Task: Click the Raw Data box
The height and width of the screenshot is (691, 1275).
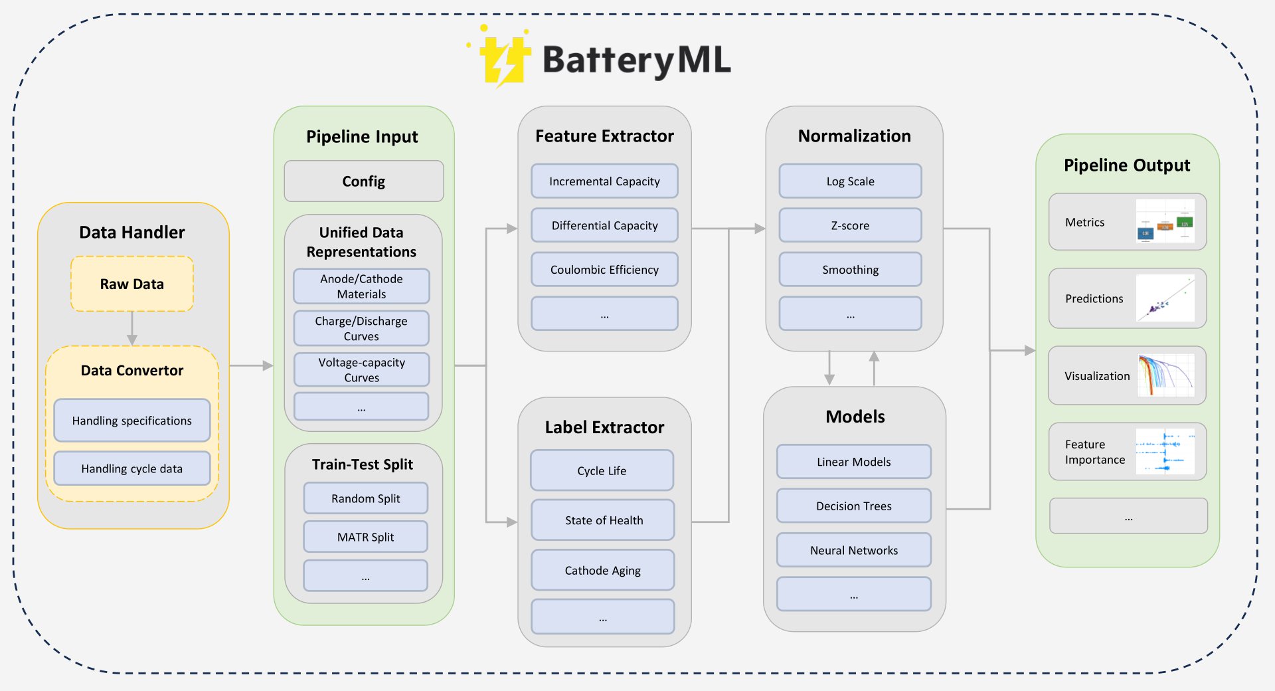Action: [x=132, y=284]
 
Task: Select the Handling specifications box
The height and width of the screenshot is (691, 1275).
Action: [x=132, y=421]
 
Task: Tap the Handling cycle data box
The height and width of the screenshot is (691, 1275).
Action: [x=132, y=468]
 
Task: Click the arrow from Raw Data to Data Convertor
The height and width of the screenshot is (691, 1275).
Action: [x=132, y=328]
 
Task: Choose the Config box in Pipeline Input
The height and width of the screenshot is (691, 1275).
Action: [x=363, y=181]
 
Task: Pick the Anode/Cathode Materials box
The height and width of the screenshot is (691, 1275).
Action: [x=361, y=286]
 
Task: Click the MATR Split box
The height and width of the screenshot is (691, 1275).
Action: [x=365, y=537]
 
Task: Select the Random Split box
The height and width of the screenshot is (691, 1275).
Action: [x=365, y=498]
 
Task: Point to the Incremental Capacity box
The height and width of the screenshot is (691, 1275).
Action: [x=604, y=181]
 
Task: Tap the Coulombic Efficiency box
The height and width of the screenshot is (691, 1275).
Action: [x=604, y=270]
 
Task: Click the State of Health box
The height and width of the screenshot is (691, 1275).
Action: [x=603, y=520]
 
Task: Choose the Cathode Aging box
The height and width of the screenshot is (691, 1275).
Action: [x=603, y=570]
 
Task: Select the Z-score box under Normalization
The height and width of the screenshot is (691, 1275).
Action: [x=850, y=225]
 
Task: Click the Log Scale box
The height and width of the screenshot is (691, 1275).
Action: [x=850, y=181]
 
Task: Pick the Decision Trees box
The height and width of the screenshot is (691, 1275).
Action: [x=853, y=506]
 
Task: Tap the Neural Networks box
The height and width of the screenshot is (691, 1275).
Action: [x=853, y=550]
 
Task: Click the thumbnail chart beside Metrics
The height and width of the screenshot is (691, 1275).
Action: [x=1165, y=222]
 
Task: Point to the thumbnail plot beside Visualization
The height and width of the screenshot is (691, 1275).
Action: [x=1165, y=375]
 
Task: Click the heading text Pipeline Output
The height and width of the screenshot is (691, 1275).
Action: [x=1127, y=165]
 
